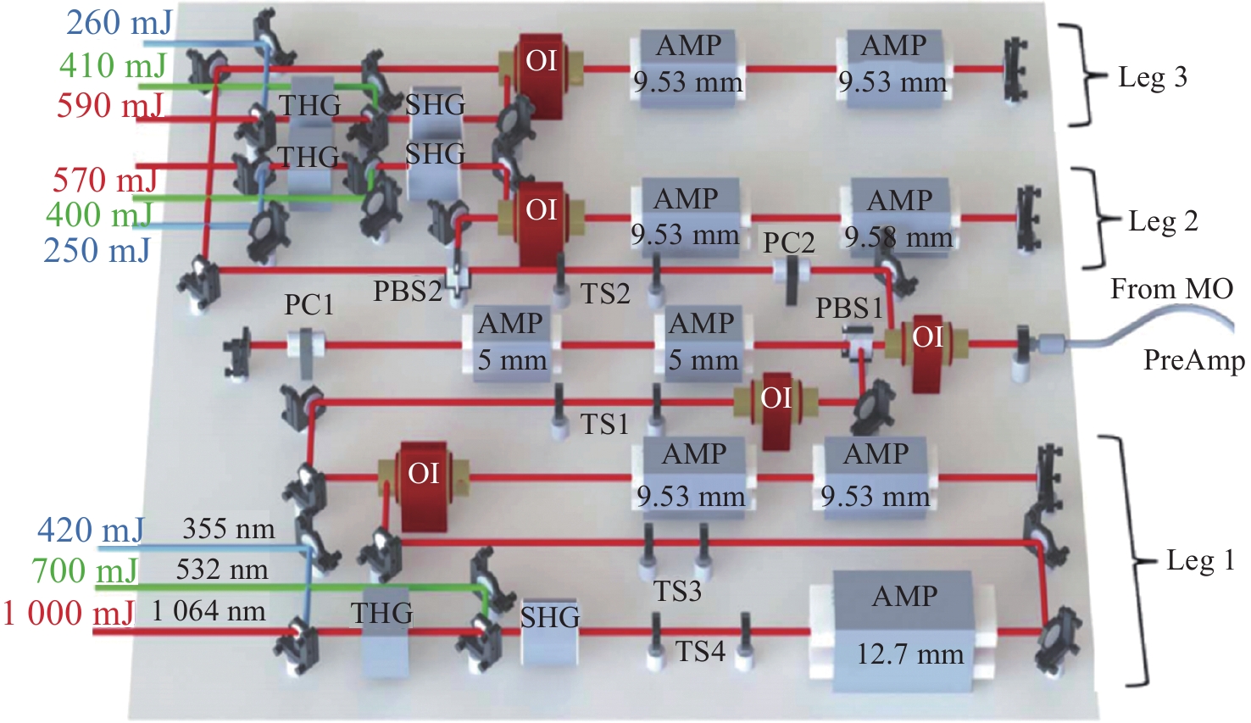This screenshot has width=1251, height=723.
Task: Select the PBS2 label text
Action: coord(408,292)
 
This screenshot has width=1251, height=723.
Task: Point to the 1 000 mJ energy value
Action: coord(68,613)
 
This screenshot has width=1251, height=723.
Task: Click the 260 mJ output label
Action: coord(119,23)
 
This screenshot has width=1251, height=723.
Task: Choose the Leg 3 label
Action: coord(1152,78)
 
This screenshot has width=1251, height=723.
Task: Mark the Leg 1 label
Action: coord(1199,560)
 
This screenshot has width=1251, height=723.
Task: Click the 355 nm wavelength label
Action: coord(229,530)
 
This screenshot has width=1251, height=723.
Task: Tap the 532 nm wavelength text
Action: coord(222,570)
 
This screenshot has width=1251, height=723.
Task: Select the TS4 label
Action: coord(700,652)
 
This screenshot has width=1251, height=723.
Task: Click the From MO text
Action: coord(1171,289)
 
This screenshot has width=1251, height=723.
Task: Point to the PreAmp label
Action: coord(1193,360)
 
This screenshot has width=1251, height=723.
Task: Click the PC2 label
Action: coord(788,242)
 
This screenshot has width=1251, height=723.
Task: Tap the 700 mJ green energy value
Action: coord(85,571)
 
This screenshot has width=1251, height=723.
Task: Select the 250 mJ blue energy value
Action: coord(97,250)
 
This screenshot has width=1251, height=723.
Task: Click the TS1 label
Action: coord(604,424)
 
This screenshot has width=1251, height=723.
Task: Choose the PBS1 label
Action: coord(849,309)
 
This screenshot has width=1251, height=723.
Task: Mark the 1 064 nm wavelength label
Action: coord(208,611)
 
